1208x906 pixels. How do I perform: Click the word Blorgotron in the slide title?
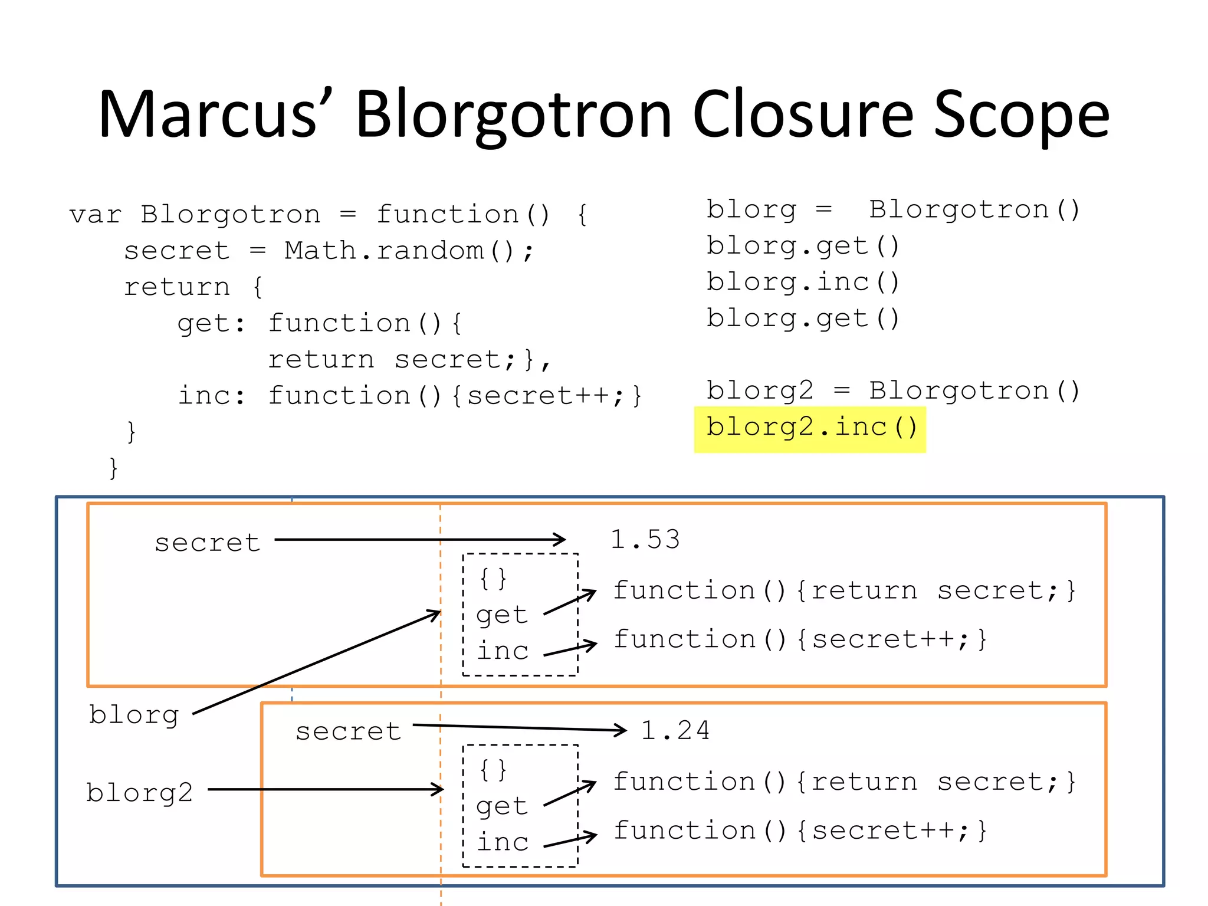pyautogui.click(x=513, y=116)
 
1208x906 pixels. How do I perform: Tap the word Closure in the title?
pyautogui.click(x=802, y=116)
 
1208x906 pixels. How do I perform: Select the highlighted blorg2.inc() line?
pyautogui.click(x=811, y=428)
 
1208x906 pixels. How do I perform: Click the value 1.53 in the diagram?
pyautogui.click(x=645, y=540)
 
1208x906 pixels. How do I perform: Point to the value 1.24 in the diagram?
pyautogui.click(x=675, y=731)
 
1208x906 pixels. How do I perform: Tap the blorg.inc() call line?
pyautogui.click(x=803, y=283)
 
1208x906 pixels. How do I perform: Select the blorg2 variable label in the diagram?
pyautogui.click(x=139, y=793)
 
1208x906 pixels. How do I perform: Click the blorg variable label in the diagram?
pyautogui.click(x=134, y=715)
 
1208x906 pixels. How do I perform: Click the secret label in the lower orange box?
pyautogui.click(x=348, y=731)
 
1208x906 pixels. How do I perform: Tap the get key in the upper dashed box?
pyautogui.click(x=501, y=615)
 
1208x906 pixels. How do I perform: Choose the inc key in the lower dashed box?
pyautogui.click(x=503, y=842)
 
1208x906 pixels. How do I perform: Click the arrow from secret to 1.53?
pyautogui.click(x=419, y=539)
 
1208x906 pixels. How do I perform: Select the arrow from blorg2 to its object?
pyautogui.click(x=324, y=789)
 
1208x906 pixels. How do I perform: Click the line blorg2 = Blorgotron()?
pyautogui.click(x=892, y=391)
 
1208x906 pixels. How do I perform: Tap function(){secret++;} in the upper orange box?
pyautogui.click(x=800, y=640)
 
